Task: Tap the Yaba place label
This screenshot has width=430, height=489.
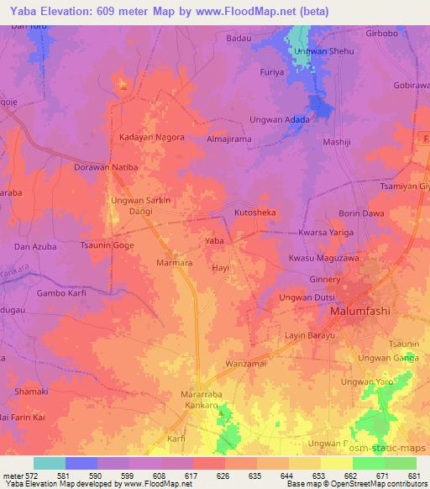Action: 214,241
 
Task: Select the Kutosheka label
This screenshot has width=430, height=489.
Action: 254,213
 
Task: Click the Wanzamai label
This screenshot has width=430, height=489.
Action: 246,364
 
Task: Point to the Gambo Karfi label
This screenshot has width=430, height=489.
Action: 61,293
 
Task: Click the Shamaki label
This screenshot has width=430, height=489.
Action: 30,392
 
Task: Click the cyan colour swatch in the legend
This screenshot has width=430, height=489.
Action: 49,463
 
